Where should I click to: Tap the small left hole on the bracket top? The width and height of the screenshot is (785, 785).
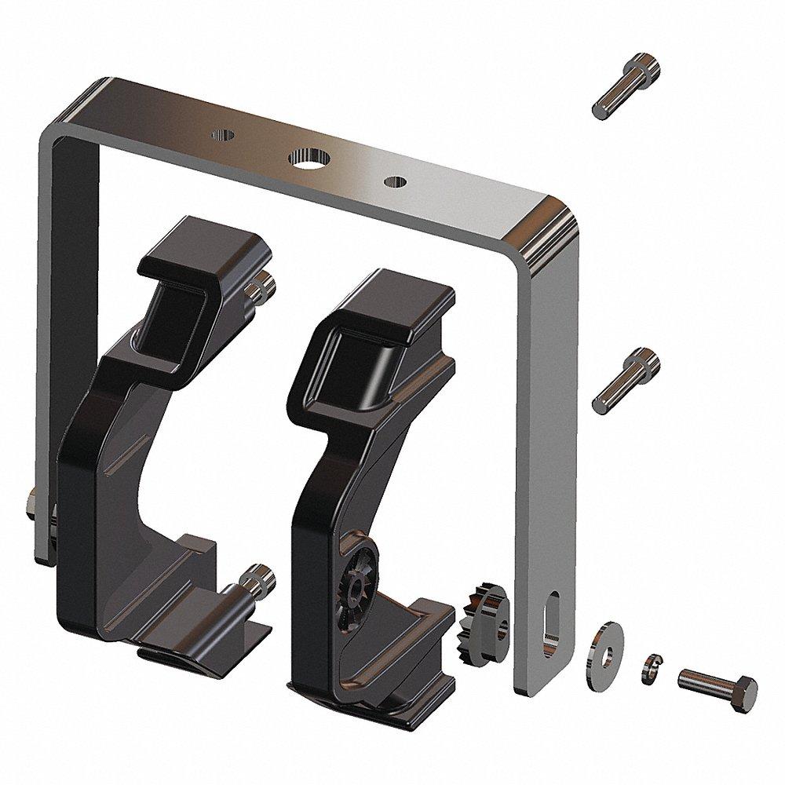pos(223,134)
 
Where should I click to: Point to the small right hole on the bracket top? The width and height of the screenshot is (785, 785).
pos(394,182)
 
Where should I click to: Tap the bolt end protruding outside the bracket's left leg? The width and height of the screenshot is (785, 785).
pos(31,506)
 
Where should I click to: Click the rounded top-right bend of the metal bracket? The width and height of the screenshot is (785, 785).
pos(541,228)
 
